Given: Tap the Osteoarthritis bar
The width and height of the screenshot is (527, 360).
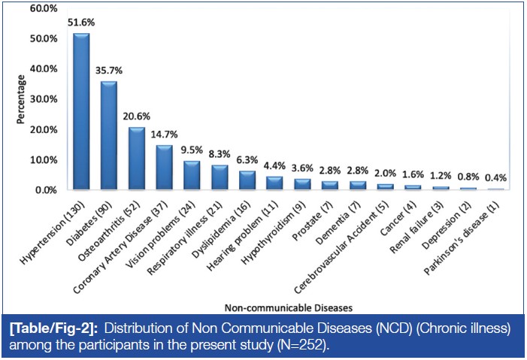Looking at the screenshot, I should coord(136,159).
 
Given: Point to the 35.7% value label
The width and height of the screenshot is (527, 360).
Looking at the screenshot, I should coord(109,71).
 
